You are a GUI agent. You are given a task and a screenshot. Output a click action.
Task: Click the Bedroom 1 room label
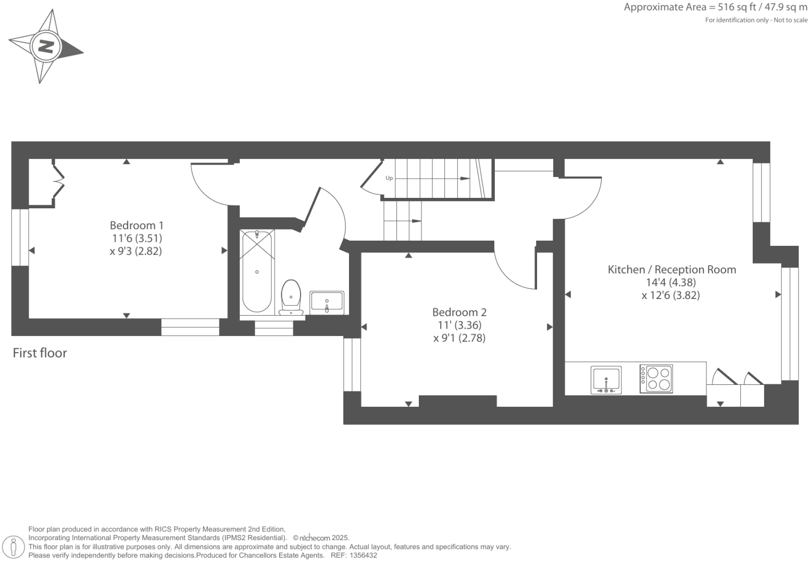[136, 225]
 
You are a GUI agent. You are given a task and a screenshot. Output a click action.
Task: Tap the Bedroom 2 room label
[459, 312]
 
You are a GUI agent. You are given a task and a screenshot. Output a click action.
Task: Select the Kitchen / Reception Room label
[671, 269]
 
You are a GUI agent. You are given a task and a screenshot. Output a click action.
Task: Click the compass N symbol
[46, 47]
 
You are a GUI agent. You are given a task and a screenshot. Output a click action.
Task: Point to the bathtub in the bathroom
[257, 271]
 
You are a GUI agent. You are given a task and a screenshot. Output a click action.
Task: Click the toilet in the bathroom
[291, 297]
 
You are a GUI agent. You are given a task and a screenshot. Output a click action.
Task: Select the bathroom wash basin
[327, 301]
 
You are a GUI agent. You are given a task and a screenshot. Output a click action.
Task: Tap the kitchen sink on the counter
[606, 380]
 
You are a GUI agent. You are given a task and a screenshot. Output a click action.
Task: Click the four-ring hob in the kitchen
[656, 379]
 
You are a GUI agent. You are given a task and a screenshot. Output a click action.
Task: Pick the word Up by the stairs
[389, 178]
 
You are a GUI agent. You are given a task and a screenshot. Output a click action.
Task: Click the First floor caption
[40, 353]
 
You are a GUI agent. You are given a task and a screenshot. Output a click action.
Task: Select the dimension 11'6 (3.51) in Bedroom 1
[136, 238]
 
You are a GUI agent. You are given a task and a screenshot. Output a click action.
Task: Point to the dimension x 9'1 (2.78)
[459, 338]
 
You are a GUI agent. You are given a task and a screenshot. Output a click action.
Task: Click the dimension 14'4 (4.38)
[671, 282]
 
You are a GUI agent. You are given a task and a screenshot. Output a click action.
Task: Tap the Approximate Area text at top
[715, 7]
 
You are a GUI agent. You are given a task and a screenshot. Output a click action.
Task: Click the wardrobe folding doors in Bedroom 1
[59, 181]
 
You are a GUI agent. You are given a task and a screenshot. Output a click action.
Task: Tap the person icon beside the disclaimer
[14, 547]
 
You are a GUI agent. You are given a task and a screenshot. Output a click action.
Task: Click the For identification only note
[756, 20]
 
